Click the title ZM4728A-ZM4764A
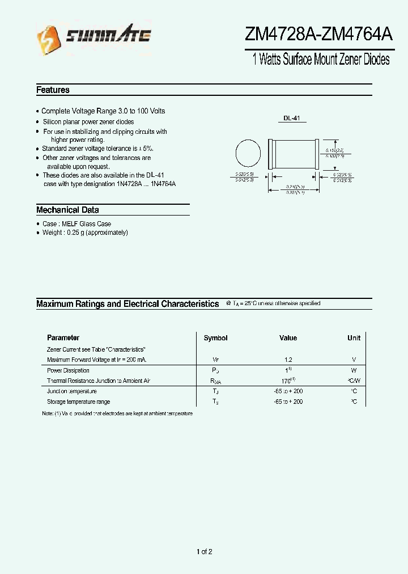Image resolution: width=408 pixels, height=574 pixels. coord(318,35)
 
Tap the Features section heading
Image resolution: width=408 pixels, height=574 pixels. coord(53,90)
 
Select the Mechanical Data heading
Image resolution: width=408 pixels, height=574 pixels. coord(67,210)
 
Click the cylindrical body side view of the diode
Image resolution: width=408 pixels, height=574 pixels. coord(294,154)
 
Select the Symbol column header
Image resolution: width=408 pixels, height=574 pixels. coord(215,338)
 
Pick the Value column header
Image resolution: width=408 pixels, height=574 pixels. coord(288,338)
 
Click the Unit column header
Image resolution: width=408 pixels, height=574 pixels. coord(354,338)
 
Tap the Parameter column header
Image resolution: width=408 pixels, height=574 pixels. coord(63,338)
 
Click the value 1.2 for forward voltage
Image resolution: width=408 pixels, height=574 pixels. coord(288,360)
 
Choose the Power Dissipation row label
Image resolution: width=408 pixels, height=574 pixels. coord(68,370)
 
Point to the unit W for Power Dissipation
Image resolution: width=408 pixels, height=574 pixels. coord(354,370)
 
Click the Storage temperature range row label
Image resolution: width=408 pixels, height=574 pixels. coord(78,402)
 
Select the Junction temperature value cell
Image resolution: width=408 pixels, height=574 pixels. coord(288,391)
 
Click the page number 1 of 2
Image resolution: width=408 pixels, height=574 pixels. coord(204,552)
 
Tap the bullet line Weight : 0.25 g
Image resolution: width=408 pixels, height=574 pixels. coord(85,233)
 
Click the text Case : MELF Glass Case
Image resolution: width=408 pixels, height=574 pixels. coord(76,224)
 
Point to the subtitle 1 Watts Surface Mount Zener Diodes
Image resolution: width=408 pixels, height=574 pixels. coord(321,60)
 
